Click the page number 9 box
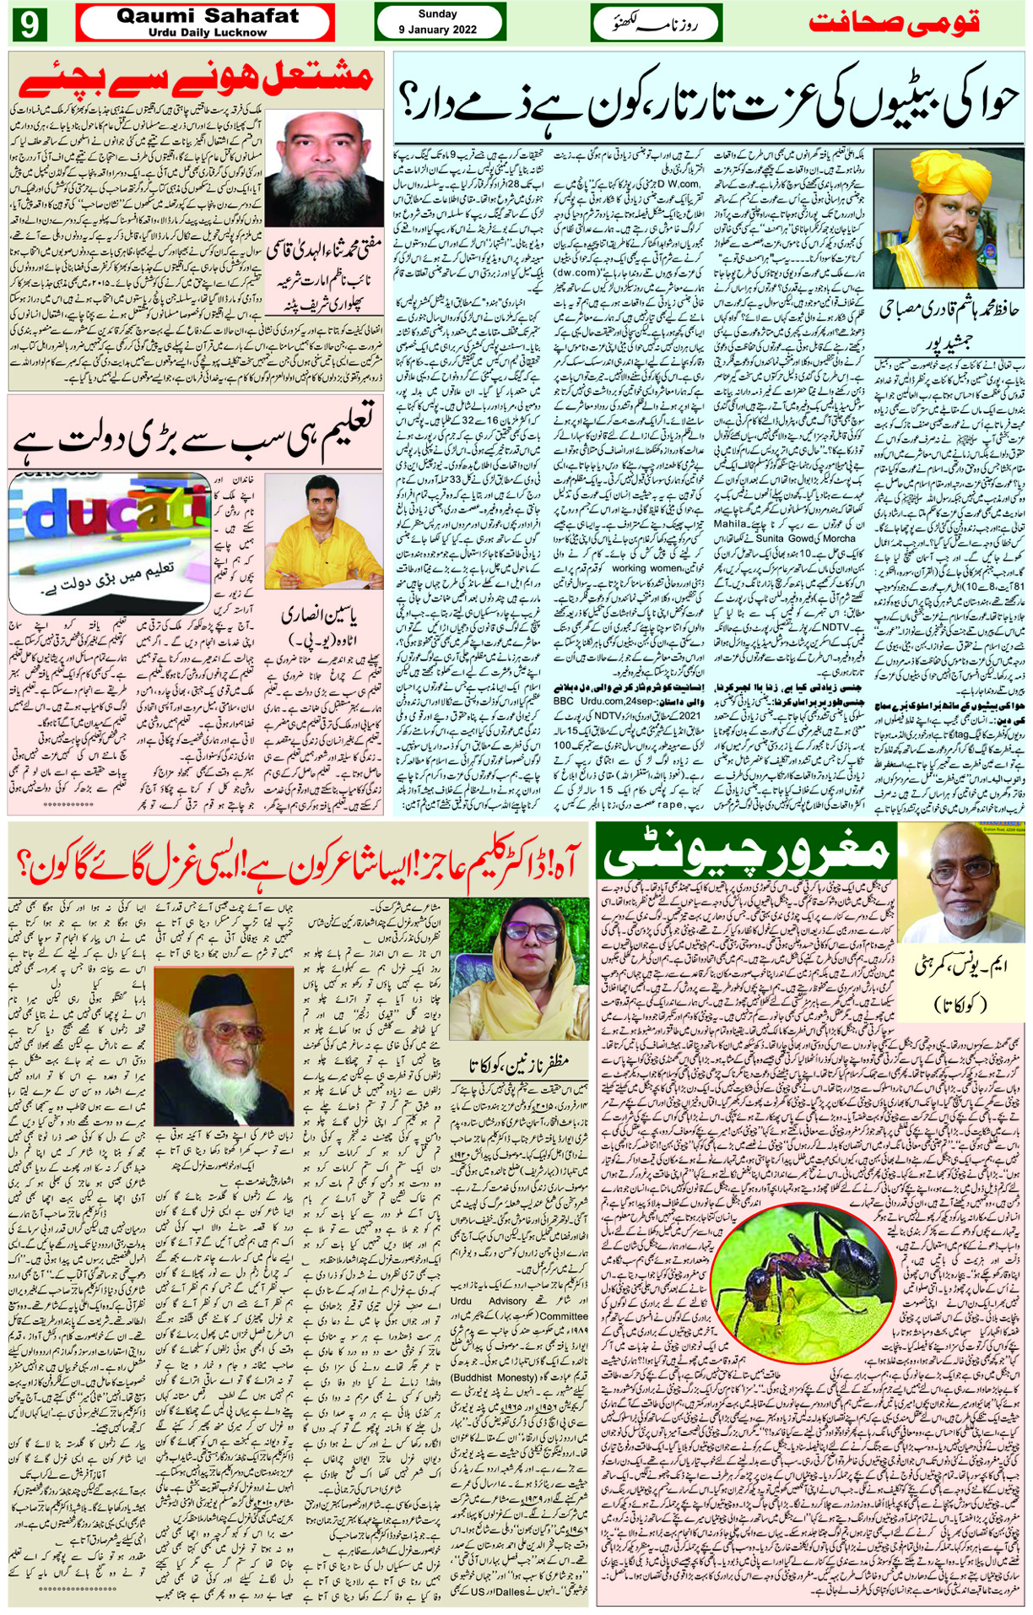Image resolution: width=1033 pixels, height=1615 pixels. [x=29, y=24]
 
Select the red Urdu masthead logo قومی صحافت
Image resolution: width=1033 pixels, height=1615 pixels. [x=894, y=23]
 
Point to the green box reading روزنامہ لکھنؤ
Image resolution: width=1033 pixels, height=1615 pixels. [x=656, y=23]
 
